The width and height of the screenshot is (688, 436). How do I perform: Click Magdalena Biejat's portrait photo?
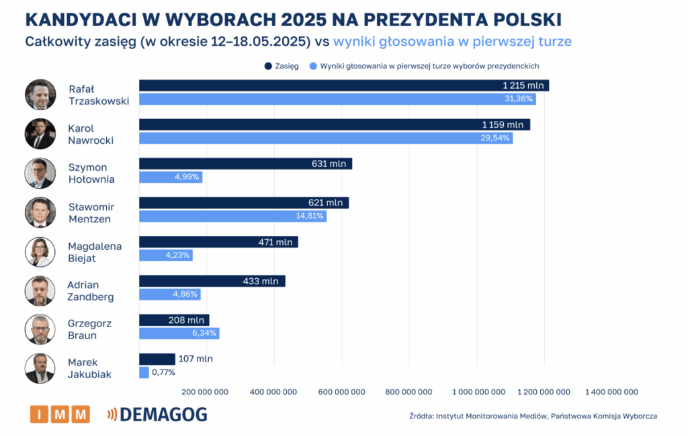[x=40, y=252]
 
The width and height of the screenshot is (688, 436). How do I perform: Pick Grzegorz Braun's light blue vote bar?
[x=179, y=333]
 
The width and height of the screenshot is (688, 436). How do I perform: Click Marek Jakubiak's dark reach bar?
[x=157, y=359]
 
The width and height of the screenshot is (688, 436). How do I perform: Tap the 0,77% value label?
[x=163, y=372]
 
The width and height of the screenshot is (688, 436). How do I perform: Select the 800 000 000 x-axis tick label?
[x=409, y=392]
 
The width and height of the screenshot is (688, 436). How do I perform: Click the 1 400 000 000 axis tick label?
[x=611, y=392]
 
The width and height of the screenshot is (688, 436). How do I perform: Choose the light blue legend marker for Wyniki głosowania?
[x=312, y=66]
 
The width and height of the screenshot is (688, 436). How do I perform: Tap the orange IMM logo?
[x=60, y=415]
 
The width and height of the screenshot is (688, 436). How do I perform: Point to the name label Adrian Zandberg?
[x=91, y=291]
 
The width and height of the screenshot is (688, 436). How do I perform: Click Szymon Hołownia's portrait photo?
[x=40, y=173]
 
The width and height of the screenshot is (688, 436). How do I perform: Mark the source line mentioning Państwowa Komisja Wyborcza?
[x=533, y=416]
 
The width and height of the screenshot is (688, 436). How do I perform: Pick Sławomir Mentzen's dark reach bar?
[x=243, y=202]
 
